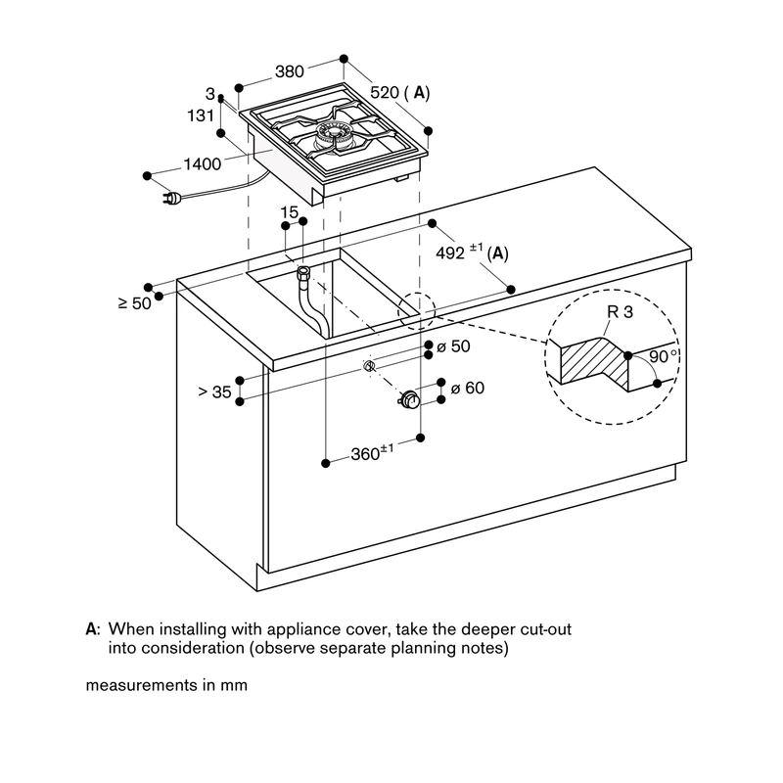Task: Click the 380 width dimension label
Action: coord(289,71)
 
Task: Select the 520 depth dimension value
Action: coord(385,92)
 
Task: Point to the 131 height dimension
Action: coord(201,115)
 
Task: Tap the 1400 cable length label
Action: coord(203,163)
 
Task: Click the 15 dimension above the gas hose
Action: coord(289,212)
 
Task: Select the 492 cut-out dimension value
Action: coord(450,253)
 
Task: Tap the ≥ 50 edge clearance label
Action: coord(135,303)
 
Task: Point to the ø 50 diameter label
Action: coord(453,346)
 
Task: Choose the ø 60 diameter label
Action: coord(468,388)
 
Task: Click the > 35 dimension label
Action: coord(214,392)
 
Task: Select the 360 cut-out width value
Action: coord(365,454)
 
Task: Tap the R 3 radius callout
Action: coord(620,312)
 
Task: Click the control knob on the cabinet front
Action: coord(409,400)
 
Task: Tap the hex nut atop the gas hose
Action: coord(303,273)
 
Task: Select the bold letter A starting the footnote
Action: coord(91,628)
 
